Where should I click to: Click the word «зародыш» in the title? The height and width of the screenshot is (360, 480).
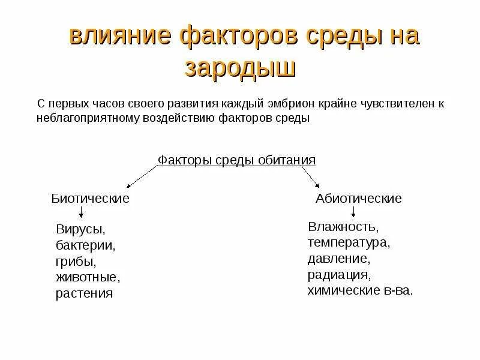(241, 67)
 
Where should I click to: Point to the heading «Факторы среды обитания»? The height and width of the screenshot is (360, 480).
(236, 160)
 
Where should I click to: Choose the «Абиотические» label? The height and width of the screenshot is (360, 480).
(359, 198)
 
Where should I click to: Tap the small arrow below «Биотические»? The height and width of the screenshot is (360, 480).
(81, 212)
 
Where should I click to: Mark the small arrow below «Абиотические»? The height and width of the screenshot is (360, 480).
(354, 212)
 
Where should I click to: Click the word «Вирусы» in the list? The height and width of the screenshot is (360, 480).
(80, 230)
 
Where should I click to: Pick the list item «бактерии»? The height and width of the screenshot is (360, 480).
(85, 246)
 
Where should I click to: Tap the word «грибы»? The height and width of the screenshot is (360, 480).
(76, 262)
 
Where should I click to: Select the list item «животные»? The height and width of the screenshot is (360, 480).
(88, 278)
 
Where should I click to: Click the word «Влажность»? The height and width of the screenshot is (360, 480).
(343, 227)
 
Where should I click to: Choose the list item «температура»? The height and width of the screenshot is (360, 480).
(349, 244)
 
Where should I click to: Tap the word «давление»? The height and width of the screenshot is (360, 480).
(338, 260)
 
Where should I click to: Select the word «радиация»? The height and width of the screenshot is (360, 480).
(338, 275)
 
